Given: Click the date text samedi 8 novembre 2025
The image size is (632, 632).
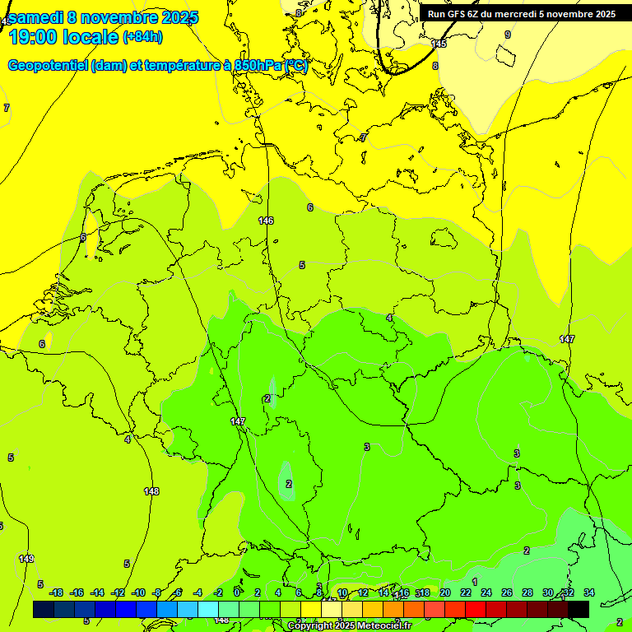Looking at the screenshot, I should (103, 18).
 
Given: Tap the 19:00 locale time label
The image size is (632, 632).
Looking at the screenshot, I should (63, 37).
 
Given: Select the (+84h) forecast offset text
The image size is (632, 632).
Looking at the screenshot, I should (142, 37).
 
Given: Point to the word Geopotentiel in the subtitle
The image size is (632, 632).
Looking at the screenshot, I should (47, 66).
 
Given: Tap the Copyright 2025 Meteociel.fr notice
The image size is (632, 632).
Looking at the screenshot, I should (349, 626).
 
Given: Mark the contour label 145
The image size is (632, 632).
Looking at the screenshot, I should (439, 44).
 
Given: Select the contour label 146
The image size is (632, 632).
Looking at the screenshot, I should (266, 221).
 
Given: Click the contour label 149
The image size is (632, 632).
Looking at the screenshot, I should (26, 560).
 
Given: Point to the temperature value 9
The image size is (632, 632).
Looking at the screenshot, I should (508, 35).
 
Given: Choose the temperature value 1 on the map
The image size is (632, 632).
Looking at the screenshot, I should (475, 582).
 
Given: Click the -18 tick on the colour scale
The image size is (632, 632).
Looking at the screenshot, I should (56, 592).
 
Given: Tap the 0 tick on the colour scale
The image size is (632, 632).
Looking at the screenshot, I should (237, 592).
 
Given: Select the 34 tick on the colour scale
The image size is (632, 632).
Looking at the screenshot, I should (589, 592).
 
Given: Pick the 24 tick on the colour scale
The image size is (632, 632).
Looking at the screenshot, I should (486, 592).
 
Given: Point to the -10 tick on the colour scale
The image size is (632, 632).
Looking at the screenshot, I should (138, 592).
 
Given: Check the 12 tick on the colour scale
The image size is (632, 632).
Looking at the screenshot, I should (363, 592).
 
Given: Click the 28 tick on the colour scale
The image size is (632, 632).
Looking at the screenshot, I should (527, 592).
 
